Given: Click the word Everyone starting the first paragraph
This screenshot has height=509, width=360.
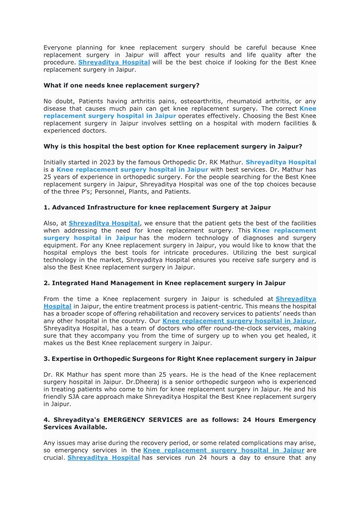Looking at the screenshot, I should point(58,48).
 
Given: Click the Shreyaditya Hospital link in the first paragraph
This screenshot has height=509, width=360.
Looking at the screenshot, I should point(114,63).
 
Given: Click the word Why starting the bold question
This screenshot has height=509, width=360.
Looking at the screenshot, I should point(50,146).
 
